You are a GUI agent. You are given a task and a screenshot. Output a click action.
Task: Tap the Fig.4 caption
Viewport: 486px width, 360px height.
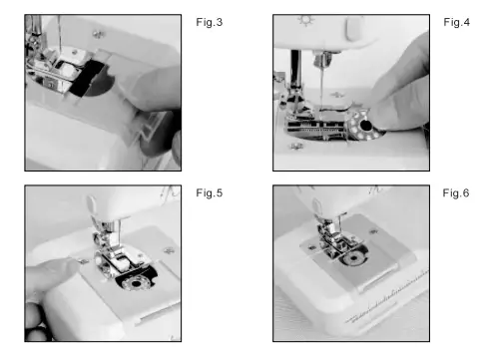pos(455,21)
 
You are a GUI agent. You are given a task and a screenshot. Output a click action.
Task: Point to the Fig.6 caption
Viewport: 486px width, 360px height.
pos(455,192)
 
